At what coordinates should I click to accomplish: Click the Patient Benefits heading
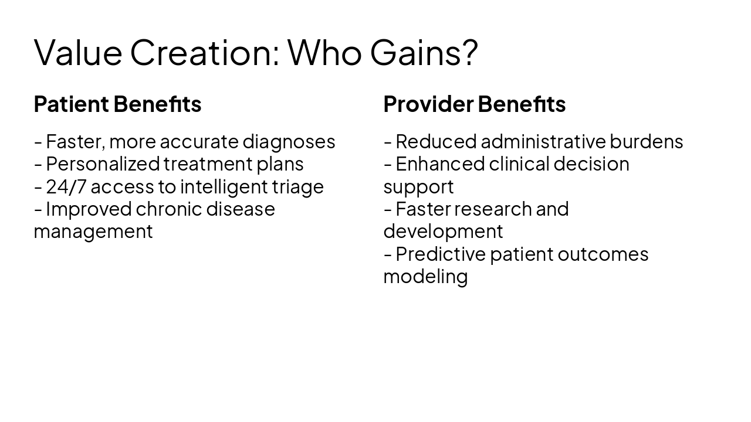(x=117, y=104)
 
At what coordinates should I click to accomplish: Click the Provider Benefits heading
(x=474, y=104)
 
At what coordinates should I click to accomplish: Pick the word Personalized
(x=103, y=164)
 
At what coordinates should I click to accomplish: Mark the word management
(x=93, y=232)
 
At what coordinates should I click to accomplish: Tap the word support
(x=418, y=187)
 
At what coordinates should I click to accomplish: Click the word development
(x=443, y=232)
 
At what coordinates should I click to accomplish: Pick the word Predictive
(x=440, y=254)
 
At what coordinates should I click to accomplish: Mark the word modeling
(x=425, y=277)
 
